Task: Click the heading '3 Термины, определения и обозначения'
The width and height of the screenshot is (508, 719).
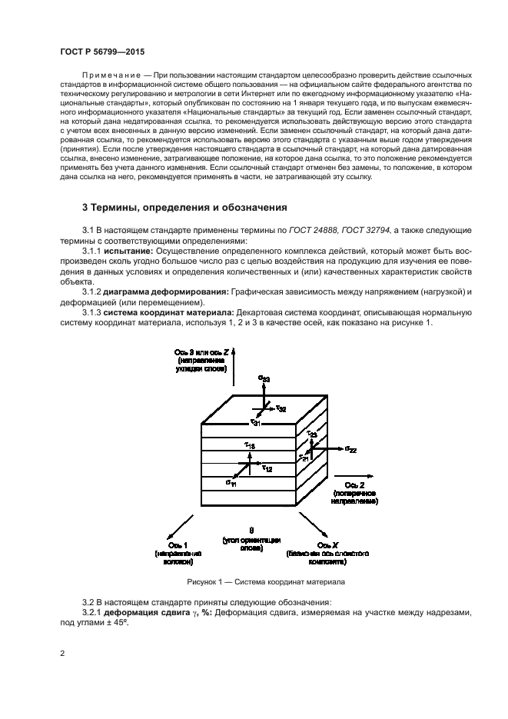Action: click(184, 207)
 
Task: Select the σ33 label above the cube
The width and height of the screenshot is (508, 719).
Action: click(264, 379)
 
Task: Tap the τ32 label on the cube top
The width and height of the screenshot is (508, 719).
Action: click(281, 408)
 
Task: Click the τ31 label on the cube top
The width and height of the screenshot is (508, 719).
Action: click(255, 423)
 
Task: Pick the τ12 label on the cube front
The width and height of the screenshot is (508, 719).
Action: click(267, 468)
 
